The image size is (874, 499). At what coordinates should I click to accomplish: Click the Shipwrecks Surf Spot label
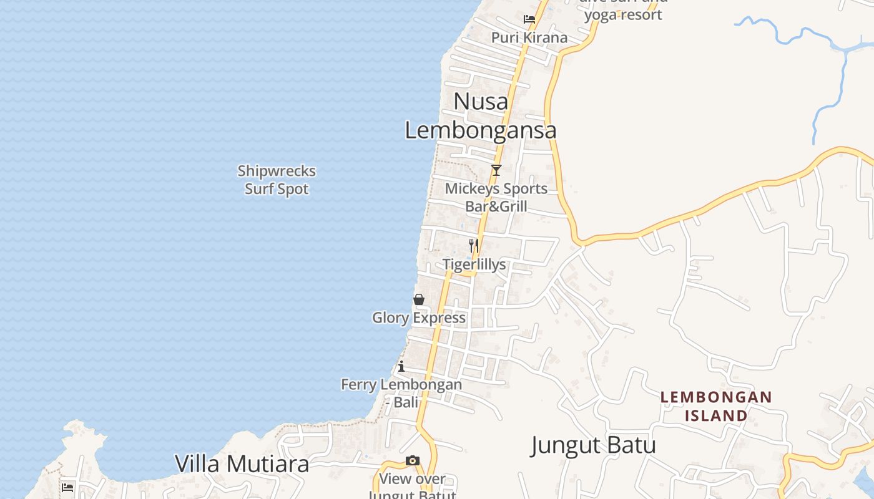pyautogui.click(x=277, y=180)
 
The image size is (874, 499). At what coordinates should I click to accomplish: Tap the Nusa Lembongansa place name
pyautogui.click(x=481, y=116)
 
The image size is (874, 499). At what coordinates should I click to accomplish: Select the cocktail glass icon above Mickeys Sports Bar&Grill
pyautogui.click(x=496, y=170)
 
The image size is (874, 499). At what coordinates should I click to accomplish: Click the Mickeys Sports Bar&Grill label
pyautogui.click(x=496, y=197)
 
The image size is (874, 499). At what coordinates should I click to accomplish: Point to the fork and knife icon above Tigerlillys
pyautogui.click(x=474, y=246)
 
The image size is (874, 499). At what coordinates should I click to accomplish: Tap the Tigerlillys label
pyautogui.click(x=474, y=264)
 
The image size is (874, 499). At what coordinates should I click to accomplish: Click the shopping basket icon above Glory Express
pyautogui.click(x=419, y=299)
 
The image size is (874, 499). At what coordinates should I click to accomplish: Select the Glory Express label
pyautogui.click(x=419, y=318)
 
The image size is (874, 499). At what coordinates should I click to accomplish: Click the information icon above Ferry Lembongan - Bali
pyautogui.click(x=401, y=366)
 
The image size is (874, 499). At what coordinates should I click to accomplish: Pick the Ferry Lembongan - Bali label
pyautogui.click(x=401, y=393)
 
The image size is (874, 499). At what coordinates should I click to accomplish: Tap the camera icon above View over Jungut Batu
pyautogui.click(x=413, y=460)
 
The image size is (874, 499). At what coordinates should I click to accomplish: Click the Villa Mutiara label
pyautogui.click(x=242, y=464)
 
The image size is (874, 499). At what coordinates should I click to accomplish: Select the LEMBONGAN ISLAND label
pyautogui.click(x=716, y=406)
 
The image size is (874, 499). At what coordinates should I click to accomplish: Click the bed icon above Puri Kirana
pyautogui.click(x=529, y=19)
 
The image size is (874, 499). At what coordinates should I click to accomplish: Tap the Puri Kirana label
pyautogui.click(x=529, y=37)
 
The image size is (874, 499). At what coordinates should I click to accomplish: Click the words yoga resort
pyautogui.click(x=623, y=14)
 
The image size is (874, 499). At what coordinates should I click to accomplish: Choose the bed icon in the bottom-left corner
pyautogui.click(x=67, y=487)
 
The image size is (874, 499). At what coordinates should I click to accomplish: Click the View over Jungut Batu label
pyautogui.click(x=413, y=480)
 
